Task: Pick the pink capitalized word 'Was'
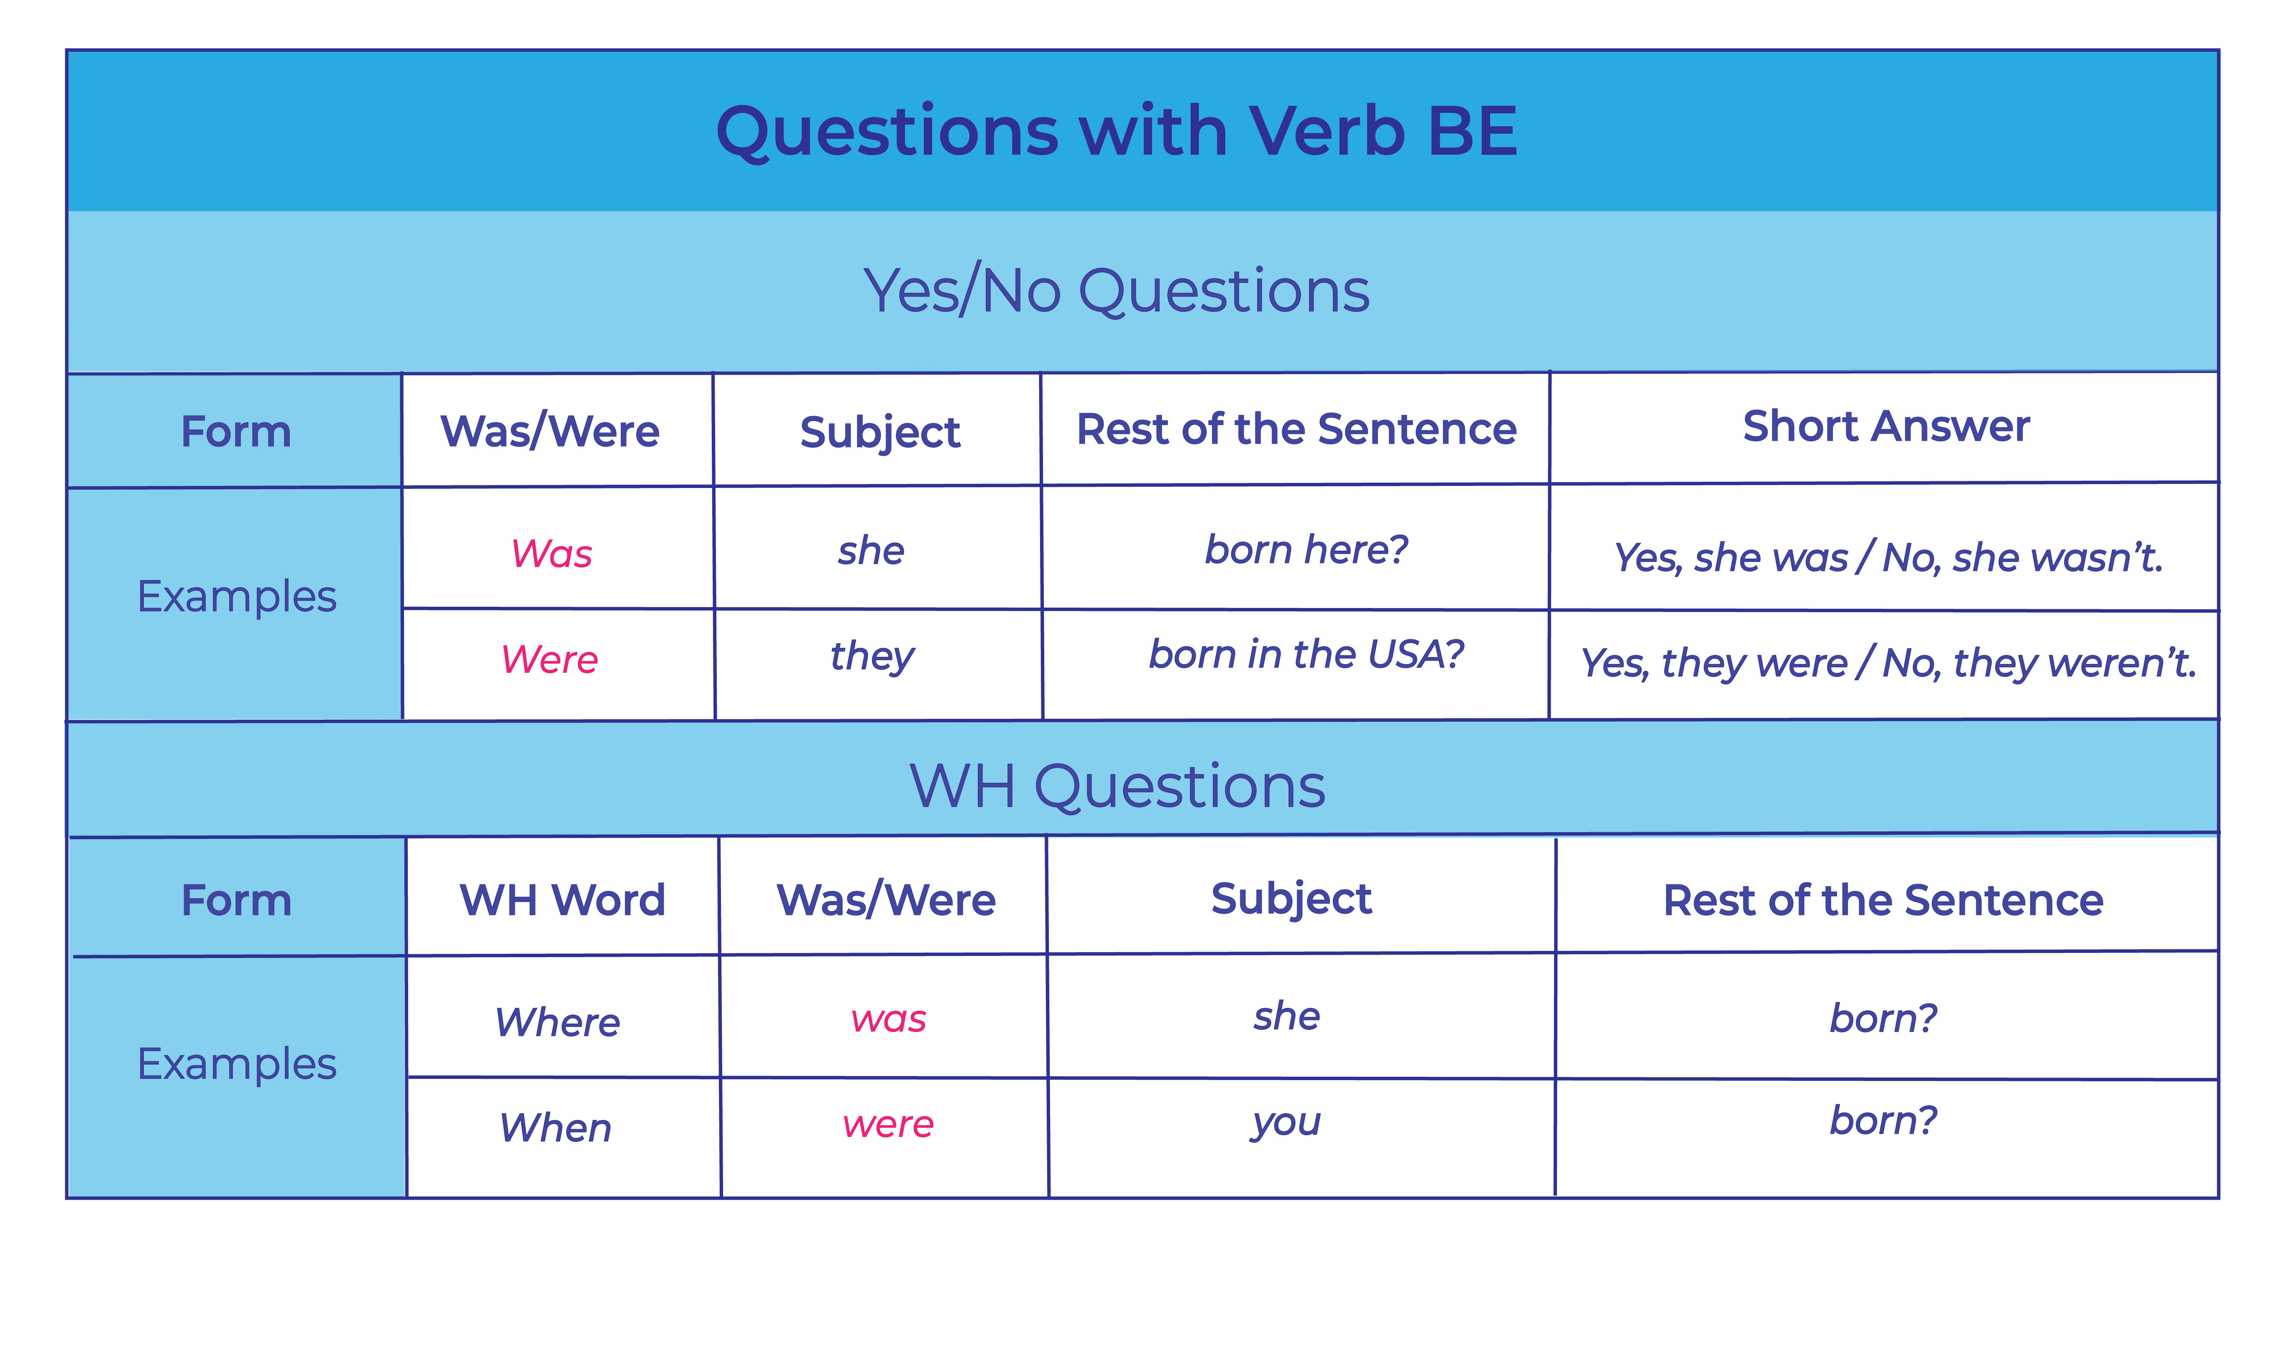[x=552, y=554]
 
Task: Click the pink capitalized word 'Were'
[x=550, y=659]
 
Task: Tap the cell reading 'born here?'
[x=1306, y=549]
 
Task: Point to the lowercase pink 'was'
[x=888, y=1020]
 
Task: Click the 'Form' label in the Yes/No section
[x=236, y=431]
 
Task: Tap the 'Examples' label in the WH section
[x=236, y=1063]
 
